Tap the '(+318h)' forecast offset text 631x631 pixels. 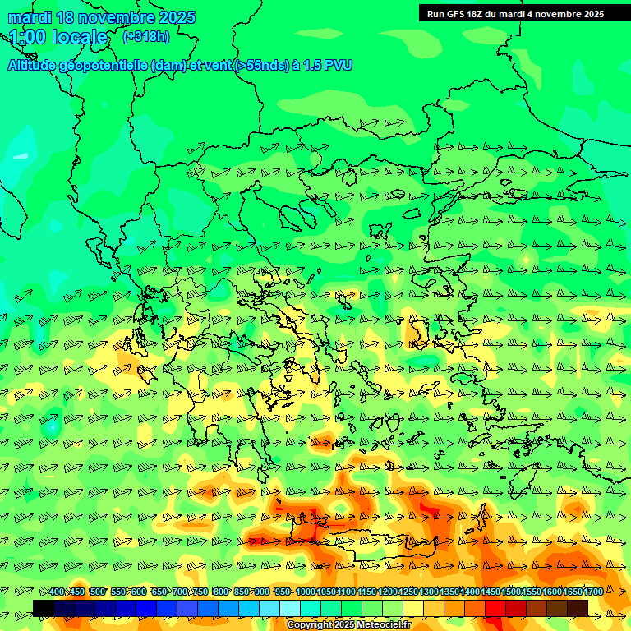(146, 36)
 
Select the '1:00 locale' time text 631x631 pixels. (58, 37)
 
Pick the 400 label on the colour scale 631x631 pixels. (57, 592)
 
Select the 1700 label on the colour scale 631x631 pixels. (571, 592)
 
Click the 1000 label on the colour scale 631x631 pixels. (305, 592)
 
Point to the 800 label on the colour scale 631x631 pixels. (221, 592)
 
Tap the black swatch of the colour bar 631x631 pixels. (44, 608)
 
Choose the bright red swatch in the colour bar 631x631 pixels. (495, 608)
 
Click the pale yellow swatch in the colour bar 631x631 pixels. (413, 608)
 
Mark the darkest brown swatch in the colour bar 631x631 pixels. (578, 608)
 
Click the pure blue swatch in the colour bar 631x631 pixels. (146, 608)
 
